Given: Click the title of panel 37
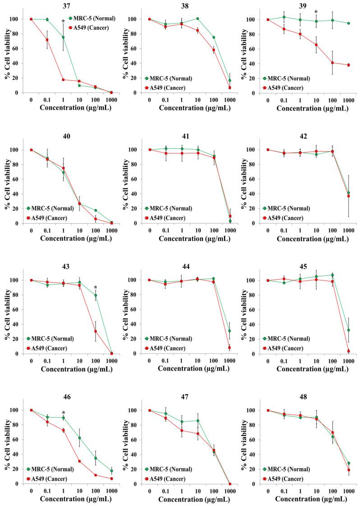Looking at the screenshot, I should [x=66, y=5].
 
